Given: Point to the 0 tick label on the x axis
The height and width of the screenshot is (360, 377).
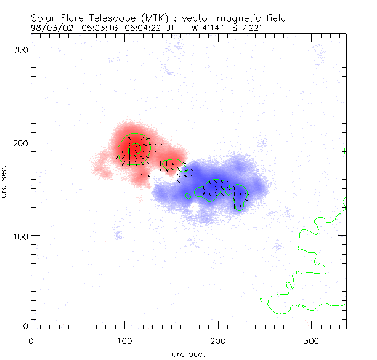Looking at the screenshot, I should (x=31, y=340).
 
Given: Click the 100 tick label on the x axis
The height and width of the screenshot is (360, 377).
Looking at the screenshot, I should (x=124, y=340).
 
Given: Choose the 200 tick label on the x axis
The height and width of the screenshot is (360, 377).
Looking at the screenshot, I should (x=218, y=340).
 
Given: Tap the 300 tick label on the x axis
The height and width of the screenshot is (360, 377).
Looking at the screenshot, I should (x=312, y=340).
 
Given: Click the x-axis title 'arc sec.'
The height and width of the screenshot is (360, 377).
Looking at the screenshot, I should (x=188, y=354).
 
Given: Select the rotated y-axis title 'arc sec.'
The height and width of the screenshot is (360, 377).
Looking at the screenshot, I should (x=5, y=180).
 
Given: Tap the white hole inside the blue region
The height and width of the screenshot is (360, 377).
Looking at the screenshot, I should (x=195, y=207).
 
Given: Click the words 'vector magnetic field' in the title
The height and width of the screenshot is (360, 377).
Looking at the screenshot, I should (x=232, y=18).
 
